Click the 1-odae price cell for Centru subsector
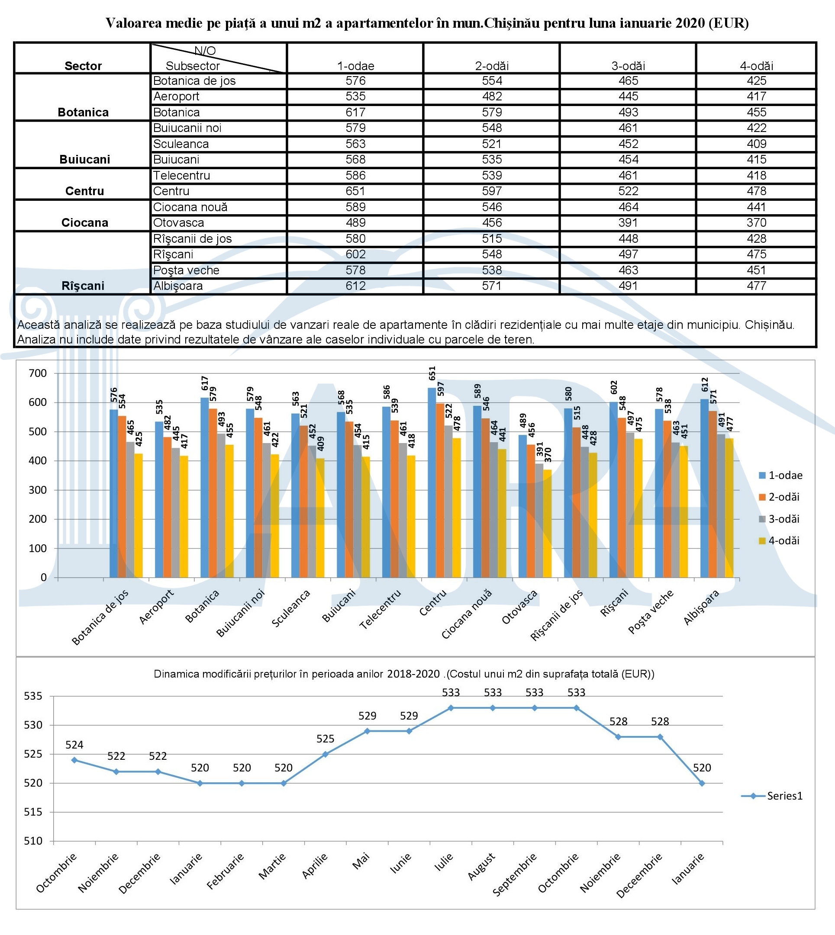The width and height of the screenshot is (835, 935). pos(355,191)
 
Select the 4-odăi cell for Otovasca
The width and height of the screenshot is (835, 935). pos(756,223)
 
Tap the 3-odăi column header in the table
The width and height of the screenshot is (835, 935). pos(628,66)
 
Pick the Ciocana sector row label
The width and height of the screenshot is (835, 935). pos(85,223)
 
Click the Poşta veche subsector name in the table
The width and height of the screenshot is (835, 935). pos(186,270)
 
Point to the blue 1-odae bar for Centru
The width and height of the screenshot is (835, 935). pos(432,482)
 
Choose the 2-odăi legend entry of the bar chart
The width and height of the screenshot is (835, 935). pos(779,497)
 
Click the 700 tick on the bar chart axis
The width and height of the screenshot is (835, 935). pos(38,373)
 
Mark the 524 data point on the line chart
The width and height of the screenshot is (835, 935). pos(74,760)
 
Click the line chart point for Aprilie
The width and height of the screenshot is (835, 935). pos(325,754)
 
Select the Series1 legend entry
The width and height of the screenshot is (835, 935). pos(772,796)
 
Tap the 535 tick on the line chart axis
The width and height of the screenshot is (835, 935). pos(33,696)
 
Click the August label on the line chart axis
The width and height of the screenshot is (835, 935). pos(481,866)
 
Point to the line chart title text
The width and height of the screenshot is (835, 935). pos(404,674)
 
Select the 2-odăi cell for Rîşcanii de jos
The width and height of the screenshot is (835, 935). pos(492,239)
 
